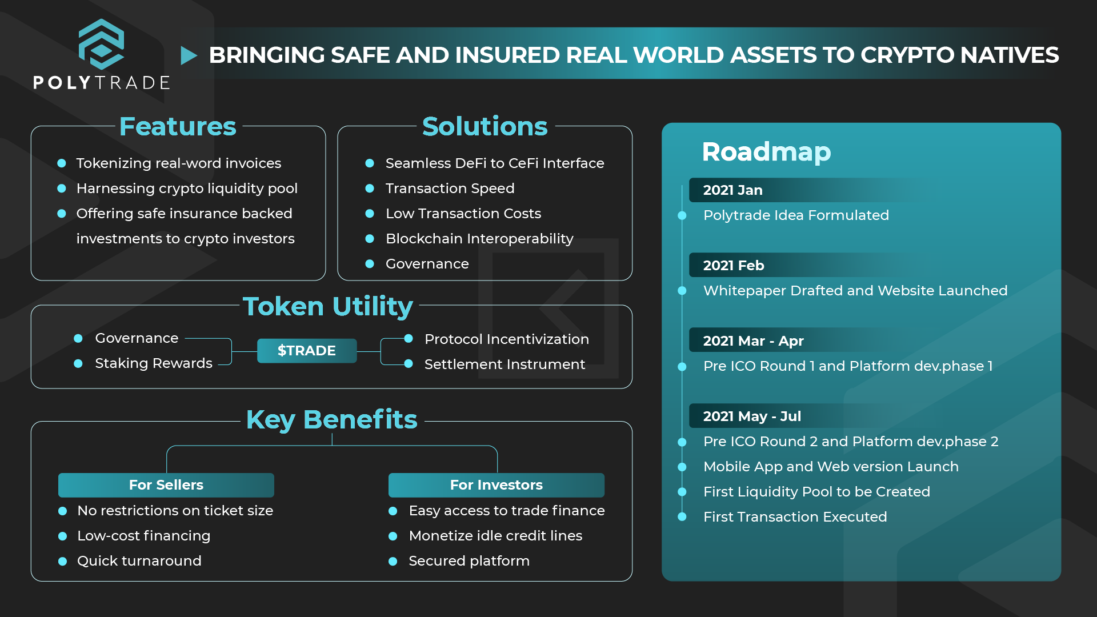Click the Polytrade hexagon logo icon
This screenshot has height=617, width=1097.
click(x=101, y=44)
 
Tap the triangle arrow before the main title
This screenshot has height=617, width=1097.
click(x=189, y=55)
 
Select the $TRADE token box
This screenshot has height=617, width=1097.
click(x=307, y=351)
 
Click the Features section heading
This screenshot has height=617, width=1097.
click(x=178, y=126)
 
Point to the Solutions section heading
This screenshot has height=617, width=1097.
click(x=485, y=126)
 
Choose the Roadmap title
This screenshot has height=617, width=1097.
click(x=766, y=152)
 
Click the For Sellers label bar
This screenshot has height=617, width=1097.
click(x=166, y=485)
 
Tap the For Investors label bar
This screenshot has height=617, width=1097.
click(x=497, y=485)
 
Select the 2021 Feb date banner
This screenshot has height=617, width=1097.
click(x=800, y=265)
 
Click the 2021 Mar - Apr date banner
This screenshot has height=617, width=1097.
click(x=800, y=340)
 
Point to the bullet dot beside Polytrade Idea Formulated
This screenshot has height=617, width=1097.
click(x=682, y=215)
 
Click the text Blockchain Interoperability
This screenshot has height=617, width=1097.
click(x=479, y=239)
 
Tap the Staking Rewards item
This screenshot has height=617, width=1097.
click(x=154, y=363)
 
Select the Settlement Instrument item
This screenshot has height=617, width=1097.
click(x=505, y=364)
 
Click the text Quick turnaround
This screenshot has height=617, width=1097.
click(x=139, y=561)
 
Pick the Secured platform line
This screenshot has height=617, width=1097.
click(x=469, y=561)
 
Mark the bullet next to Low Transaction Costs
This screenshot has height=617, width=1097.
click(x=370, y=214)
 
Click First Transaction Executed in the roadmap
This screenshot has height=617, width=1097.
click(x=795, y=517)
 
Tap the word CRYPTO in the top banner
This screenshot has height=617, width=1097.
click(x=907, y=55)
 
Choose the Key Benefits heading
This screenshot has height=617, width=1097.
click(x=331, y=420)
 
